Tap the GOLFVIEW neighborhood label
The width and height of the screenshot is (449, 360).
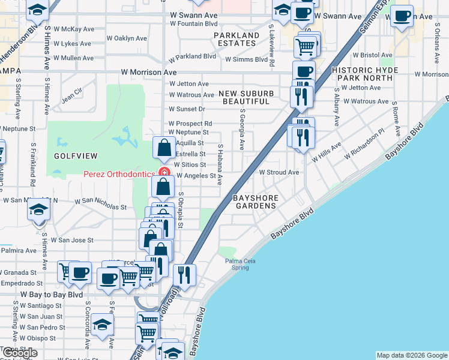(x=76, y=155)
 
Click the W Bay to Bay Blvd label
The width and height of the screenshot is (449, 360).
(x=52, y=295)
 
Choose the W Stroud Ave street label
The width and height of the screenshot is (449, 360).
(x=279, y=172)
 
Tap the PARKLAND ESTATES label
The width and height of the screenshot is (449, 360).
(x=237, y=40)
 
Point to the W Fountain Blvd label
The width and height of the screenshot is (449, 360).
(x=193, y=23)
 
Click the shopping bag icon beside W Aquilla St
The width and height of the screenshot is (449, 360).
(x=164, y=148)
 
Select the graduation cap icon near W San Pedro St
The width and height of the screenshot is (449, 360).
(x=103, y=325)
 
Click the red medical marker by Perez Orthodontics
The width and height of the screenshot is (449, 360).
(x=162, y=175)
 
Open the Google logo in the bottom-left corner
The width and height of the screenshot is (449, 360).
(x=19, y=353)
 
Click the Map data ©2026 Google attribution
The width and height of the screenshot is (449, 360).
(x=411, y=355)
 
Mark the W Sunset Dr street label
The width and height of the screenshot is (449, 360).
(x=187, y=109)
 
